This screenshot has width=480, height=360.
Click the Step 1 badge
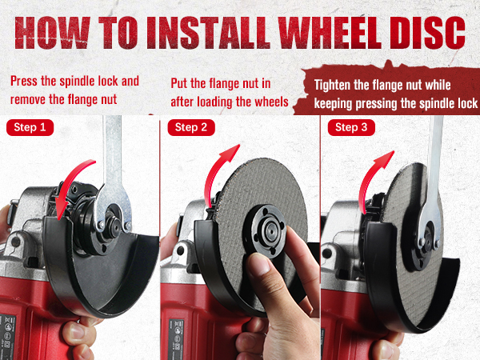[x=30, y=127]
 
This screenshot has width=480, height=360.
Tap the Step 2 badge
[x=191, y=127]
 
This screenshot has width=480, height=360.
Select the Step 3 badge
[x=351, y=127]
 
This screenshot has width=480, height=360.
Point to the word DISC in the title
[x=428, y=33]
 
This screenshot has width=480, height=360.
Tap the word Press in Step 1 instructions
[x=24, y=81]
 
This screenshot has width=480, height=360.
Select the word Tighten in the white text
[x=332, y=86]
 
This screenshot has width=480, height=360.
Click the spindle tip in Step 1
[x=115, y=225]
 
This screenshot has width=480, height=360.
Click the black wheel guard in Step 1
[x=92, y=275]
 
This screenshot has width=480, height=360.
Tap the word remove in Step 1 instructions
[x=28, y=100]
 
